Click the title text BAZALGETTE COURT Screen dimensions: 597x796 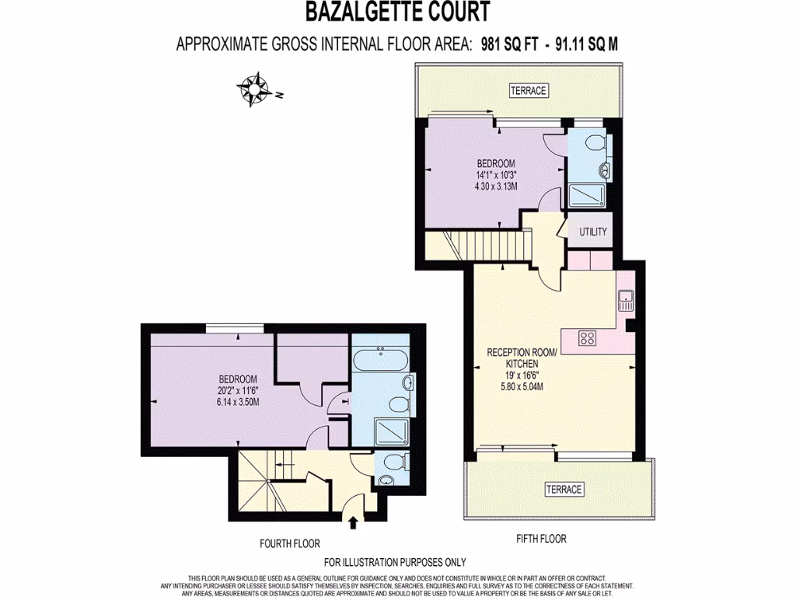click(x=397, y=12)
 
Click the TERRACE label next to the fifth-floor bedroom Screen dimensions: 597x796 click(x=529, y=91)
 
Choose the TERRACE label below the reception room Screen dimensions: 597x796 click(x=564, y=489)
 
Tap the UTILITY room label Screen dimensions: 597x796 click(x=592, y=232)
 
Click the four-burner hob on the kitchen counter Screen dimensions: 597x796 click(x=588, y=338)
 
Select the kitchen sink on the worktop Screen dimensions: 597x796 click(x=625, y=299)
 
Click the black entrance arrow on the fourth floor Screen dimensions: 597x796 click(x=354, y=521)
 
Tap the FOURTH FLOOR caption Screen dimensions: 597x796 click(x=290, y=543)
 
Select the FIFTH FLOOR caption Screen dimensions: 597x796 click(x=541, y=539)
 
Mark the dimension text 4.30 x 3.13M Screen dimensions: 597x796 click(x=496, y=187)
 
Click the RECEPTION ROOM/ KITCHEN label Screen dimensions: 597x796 click(x=522, y=358)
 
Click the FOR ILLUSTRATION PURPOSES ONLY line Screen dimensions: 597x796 click(x=395, y=562)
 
